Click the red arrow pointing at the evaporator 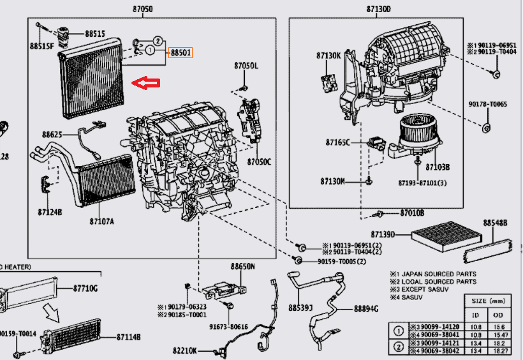click(x=145, y=82)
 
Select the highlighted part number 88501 click(x=180, y=53)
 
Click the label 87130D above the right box click(x=378, y=9)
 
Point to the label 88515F click(x=41, y=46)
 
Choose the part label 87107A click(x=101, y=221)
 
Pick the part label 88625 click(x=52, y=135)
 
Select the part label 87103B click(x=438, y=167)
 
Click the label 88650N click(x=242, y=266)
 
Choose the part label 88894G click(x=366, y=309)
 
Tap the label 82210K click(x=184, y=350)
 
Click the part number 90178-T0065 click(x=487, y=103)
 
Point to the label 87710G click(x=85, y=289)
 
